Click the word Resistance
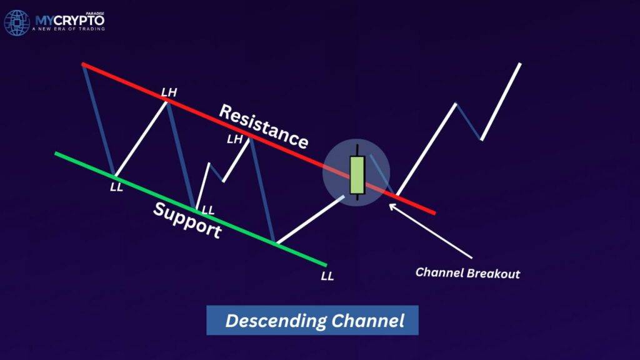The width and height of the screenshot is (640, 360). click(263, 127)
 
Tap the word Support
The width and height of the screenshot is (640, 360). click(187, 221)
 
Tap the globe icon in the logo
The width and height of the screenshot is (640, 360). click(17, 22)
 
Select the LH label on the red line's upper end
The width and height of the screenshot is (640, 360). click(169, 92)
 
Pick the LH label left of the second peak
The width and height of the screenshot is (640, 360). click(234, 139)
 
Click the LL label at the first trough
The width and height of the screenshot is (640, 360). click(116, 187)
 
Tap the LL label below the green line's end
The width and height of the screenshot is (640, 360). click(327, 276)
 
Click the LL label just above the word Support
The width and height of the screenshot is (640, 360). click(207, 210)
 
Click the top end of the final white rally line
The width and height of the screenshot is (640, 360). click(519, 64)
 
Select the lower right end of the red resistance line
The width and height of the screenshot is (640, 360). click(433, 213)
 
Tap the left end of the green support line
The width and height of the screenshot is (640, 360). click(56, 153)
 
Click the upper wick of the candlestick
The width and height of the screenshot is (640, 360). click(357, 150)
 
